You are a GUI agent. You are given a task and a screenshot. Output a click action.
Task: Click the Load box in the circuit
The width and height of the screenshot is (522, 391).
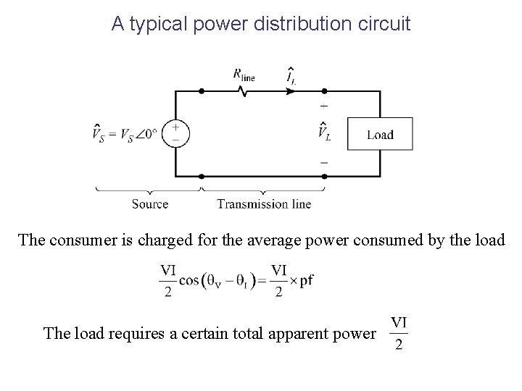[x=381, y=134]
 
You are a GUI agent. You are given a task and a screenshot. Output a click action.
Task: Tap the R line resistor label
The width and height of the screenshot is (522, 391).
[x=243, y=73]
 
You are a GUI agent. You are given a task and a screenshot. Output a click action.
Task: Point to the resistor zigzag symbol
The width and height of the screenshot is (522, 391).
[x=243, y=92]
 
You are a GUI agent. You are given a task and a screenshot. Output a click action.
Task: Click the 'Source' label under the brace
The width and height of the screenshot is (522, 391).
[x=150, y=203]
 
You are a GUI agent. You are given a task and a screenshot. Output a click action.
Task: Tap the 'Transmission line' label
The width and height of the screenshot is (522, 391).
[x=264, y=203]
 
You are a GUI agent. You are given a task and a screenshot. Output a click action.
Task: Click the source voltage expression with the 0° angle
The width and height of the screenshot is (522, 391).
[x=125, y=134]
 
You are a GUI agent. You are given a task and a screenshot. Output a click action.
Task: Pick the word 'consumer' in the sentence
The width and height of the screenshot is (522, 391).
[x=83, y=240]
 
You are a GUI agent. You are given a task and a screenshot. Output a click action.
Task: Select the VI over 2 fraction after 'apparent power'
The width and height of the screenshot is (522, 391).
[x=399, y=332]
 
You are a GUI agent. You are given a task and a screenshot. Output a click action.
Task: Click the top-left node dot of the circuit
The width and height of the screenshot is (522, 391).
[x=202, y=91]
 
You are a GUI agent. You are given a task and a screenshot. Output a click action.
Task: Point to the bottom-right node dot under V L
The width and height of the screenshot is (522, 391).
[x=323, y=176]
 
